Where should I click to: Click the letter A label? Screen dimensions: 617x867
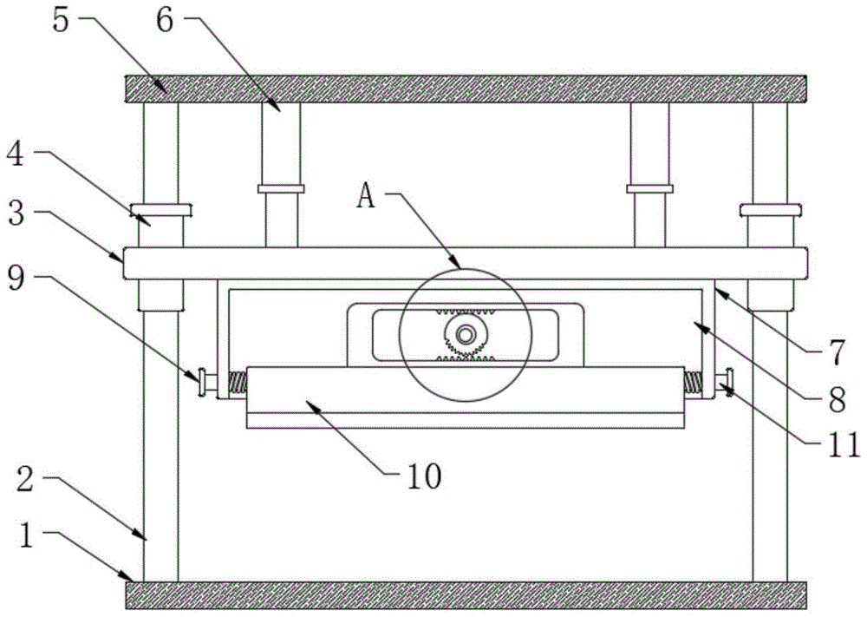coord(367,196)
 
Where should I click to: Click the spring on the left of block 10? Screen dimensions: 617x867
coord(235,382)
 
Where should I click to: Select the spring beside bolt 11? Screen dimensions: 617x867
coord(694,381)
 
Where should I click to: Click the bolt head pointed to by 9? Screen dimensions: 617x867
coord(203,383)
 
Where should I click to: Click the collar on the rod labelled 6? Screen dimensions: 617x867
coord(281,188)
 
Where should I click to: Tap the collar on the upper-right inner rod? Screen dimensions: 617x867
coord(650,188)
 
